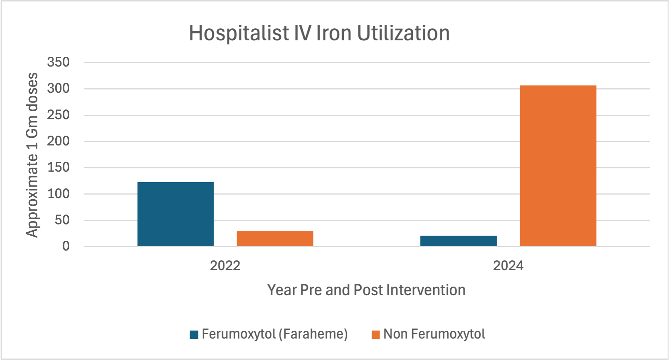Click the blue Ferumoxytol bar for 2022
176,214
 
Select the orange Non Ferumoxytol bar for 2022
275,239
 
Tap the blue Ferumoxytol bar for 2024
458,241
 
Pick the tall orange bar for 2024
558,166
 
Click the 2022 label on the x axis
225,266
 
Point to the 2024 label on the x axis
508,266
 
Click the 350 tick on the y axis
58,62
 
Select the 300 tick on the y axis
58,88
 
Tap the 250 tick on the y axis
58,115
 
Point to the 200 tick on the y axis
58,141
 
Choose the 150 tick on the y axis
58,168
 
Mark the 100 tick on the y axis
58,194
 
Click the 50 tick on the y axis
62,220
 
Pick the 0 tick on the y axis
66,247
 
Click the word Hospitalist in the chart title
239,33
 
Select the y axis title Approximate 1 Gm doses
32,155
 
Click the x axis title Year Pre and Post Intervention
366,290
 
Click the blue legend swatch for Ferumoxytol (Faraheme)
194,335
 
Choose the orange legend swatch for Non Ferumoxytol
376,335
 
